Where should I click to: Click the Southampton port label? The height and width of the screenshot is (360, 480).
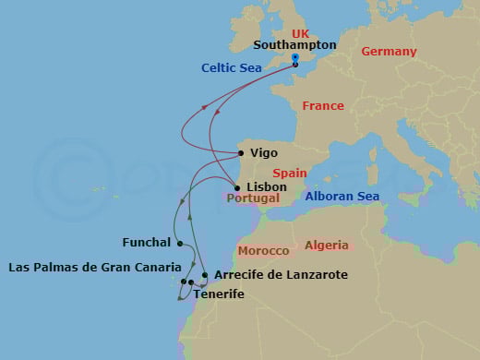[294, 44]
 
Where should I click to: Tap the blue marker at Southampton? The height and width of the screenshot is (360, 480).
[294, 57]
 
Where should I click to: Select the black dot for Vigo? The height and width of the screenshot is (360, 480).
[242, 153]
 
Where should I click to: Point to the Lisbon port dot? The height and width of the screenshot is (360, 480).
[237, 187]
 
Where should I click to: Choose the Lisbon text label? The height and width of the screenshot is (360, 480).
[268, 186]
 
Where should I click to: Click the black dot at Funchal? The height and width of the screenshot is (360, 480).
[180, 244]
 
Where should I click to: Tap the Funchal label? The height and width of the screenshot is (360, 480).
[147, 243]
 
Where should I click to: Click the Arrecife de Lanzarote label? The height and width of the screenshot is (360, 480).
[267, 275]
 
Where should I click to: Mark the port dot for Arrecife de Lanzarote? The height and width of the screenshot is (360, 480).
[204, 275]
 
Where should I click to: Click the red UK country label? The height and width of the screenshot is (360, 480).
[301, 33]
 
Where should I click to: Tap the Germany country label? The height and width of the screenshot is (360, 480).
[389, 52]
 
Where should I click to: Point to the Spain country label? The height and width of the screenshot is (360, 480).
[288, 173]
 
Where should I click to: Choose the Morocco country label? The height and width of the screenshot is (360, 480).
[263, 251]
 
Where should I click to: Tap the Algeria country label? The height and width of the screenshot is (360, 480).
[327, 246]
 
